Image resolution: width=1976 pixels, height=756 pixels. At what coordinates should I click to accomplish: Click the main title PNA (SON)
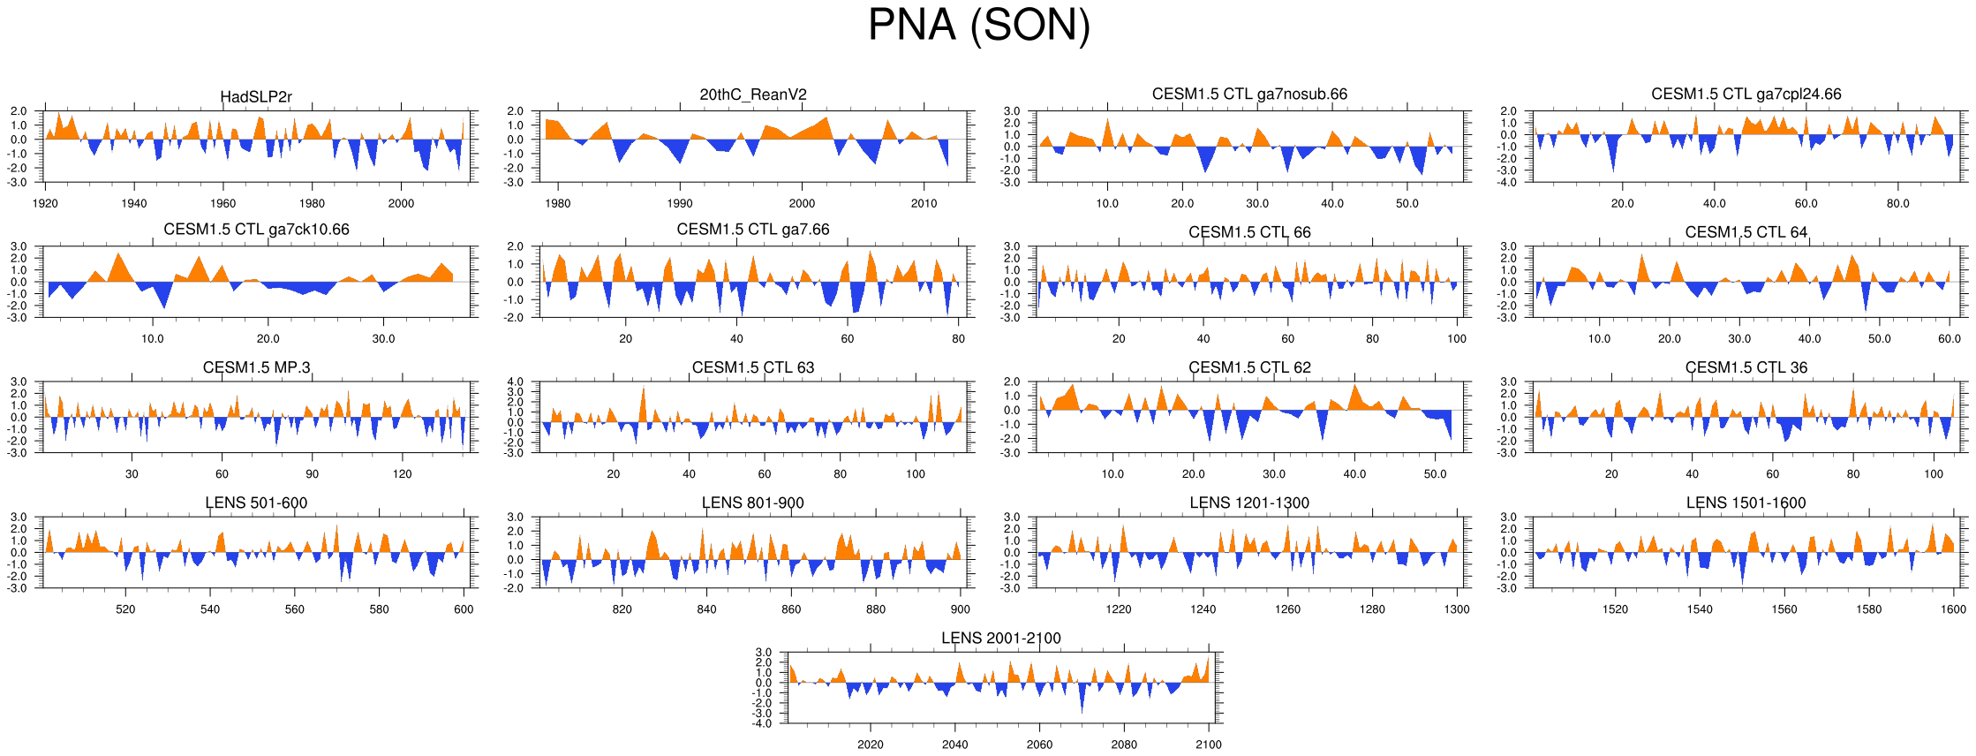click(x=979, y=25)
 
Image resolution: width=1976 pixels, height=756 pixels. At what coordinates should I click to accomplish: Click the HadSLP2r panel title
click(x=256, y=96)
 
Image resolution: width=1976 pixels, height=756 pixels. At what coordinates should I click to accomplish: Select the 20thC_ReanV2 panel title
click(x=753, y=94)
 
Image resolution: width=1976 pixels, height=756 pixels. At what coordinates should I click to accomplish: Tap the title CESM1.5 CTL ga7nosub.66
click(x=1249, y=94)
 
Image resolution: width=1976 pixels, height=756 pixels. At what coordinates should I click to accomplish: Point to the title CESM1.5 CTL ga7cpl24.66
click(x=1746, y=94)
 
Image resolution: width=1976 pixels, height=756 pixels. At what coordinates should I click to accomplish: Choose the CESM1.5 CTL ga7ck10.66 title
click(x=256, y=230)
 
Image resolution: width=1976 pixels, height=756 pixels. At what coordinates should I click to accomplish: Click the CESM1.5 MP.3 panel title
click(x=256, y=367)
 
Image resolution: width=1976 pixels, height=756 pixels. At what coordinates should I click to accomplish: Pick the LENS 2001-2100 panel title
click(x=1000, y=638)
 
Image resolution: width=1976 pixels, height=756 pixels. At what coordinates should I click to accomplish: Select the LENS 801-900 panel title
click(x=753, y=503)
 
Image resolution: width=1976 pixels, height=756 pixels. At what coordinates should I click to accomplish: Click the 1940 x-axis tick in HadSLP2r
click(x=134, y=203)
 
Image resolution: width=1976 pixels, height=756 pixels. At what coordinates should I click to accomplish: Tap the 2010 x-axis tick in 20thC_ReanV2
click(x=924, y=203)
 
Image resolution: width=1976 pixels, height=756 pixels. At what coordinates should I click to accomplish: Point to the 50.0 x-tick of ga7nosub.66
click(x=1407, y=203)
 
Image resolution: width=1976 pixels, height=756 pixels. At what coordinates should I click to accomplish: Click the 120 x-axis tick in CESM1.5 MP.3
click(x=402, y=473)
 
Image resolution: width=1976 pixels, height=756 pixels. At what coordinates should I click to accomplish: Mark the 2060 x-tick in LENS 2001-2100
click(x=1039, y=745)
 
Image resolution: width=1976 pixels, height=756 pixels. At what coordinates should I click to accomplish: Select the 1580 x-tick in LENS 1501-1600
click(x=1868, y=609)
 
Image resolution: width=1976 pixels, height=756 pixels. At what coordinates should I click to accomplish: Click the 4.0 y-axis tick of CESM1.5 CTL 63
click(x=515, y=382)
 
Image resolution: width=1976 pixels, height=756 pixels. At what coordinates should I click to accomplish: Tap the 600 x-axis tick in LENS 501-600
click(x=464, y=609)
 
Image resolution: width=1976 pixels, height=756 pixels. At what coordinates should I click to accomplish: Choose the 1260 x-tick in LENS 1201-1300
click(x=1287, y=609)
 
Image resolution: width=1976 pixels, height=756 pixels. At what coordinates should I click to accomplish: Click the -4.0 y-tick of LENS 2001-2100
click(x=762, y=723)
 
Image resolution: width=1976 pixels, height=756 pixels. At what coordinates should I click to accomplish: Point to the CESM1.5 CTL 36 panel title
click(x=1746, y=367)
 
